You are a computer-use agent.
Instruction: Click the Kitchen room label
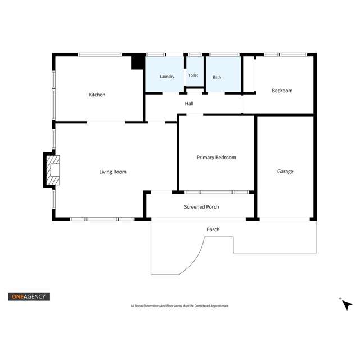tap(97, 94)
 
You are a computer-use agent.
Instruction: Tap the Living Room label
tap(112, 172)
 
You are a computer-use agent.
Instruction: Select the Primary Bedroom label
tap(216, 157)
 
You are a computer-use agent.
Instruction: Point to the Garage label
tap(285, 172)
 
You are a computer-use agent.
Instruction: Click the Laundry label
tap(167, 76)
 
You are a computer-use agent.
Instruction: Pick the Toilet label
tap(193, 75)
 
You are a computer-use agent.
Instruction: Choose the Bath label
tap(217, 77)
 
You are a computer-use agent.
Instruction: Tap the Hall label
tap(189, 103)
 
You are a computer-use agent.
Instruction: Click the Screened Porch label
tap(201, 207)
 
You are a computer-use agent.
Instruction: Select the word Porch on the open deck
tap(213, 229)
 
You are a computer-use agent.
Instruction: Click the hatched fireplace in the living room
tap(53, 170)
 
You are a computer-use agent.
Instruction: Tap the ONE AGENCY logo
tap(29, 296)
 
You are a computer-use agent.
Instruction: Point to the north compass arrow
tap(347, 305)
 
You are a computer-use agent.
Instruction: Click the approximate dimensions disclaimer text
tap(180, 306)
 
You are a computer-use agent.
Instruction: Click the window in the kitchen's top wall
tap(100, 55)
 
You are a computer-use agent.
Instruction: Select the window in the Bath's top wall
tap(224, 55)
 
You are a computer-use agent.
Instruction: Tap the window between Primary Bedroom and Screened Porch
tap(217, 192)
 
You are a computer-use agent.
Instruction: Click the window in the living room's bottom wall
tap(102, 219)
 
